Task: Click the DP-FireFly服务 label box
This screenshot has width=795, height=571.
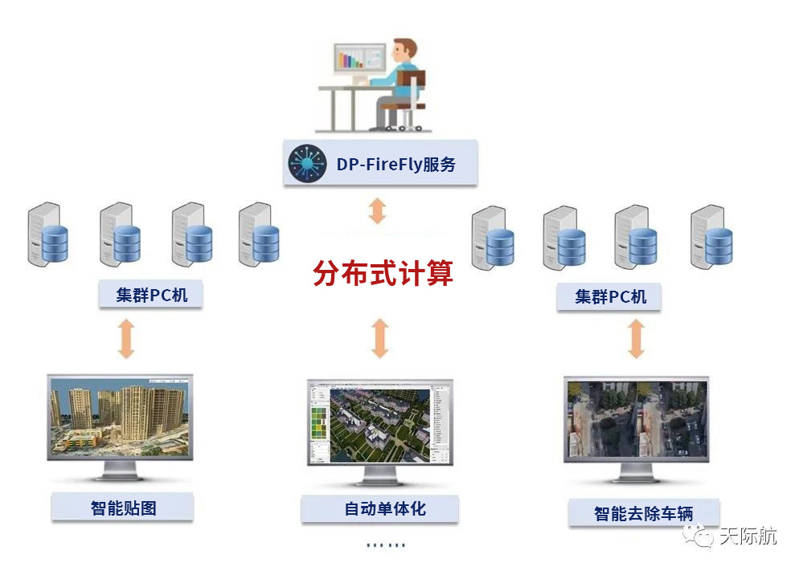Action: (380, 164)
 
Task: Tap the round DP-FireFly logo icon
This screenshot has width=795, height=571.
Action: (305, 165)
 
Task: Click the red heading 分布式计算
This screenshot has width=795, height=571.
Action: (383, 273)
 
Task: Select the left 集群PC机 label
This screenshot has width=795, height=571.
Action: (151, 295)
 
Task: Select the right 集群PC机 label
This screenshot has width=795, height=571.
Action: (610, 296)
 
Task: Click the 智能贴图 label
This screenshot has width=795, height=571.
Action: (123, 508)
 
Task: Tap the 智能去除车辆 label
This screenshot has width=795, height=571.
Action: (643, 512)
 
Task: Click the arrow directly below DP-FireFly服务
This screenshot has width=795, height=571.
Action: (378, 210)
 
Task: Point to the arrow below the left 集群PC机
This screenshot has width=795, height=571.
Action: (126, 338)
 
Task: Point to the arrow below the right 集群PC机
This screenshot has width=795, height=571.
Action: (636, 338)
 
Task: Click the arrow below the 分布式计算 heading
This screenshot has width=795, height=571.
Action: (380, 338)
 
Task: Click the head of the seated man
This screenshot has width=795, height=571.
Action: (403, 50)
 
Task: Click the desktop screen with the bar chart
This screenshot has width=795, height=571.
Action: (359, 61)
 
